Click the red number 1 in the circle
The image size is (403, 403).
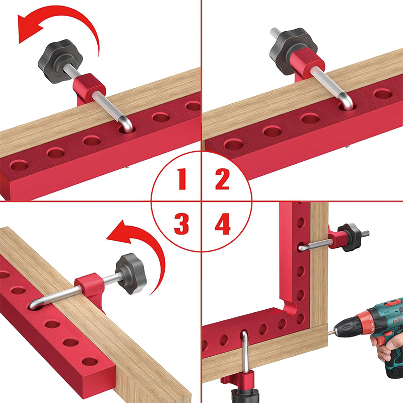click(182, 179)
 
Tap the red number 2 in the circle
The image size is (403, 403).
click(222, 179)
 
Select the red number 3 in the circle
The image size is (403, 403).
click(181, 223)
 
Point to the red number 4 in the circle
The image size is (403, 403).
click(223, 223)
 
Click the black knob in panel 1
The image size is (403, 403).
click(60, 61)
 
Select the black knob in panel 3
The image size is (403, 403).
click(131, 274)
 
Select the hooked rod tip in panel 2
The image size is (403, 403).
click(347, 103)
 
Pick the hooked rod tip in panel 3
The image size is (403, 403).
click(35, 304)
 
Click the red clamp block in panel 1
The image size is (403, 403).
click(89, 89)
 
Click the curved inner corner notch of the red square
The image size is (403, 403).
click(287, 305)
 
